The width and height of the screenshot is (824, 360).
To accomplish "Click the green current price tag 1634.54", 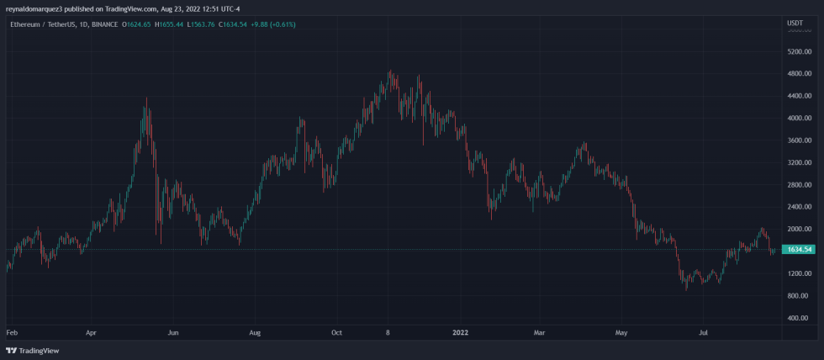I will click(797, 250).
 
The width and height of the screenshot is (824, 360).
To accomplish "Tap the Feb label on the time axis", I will click(12, 333).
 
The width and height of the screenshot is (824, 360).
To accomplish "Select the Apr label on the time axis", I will click(92, 333).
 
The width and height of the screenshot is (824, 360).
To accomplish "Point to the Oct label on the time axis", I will click(336, 333).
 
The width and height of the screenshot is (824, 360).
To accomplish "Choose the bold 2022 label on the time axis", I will click(460, 333).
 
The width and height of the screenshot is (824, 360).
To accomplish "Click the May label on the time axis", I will click(621, 333).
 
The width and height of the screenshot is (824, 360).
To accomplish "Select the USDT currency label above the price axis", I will click(795, 22).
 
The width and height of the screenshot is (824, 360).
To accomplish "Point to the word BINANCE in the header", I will click(103, 24).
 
